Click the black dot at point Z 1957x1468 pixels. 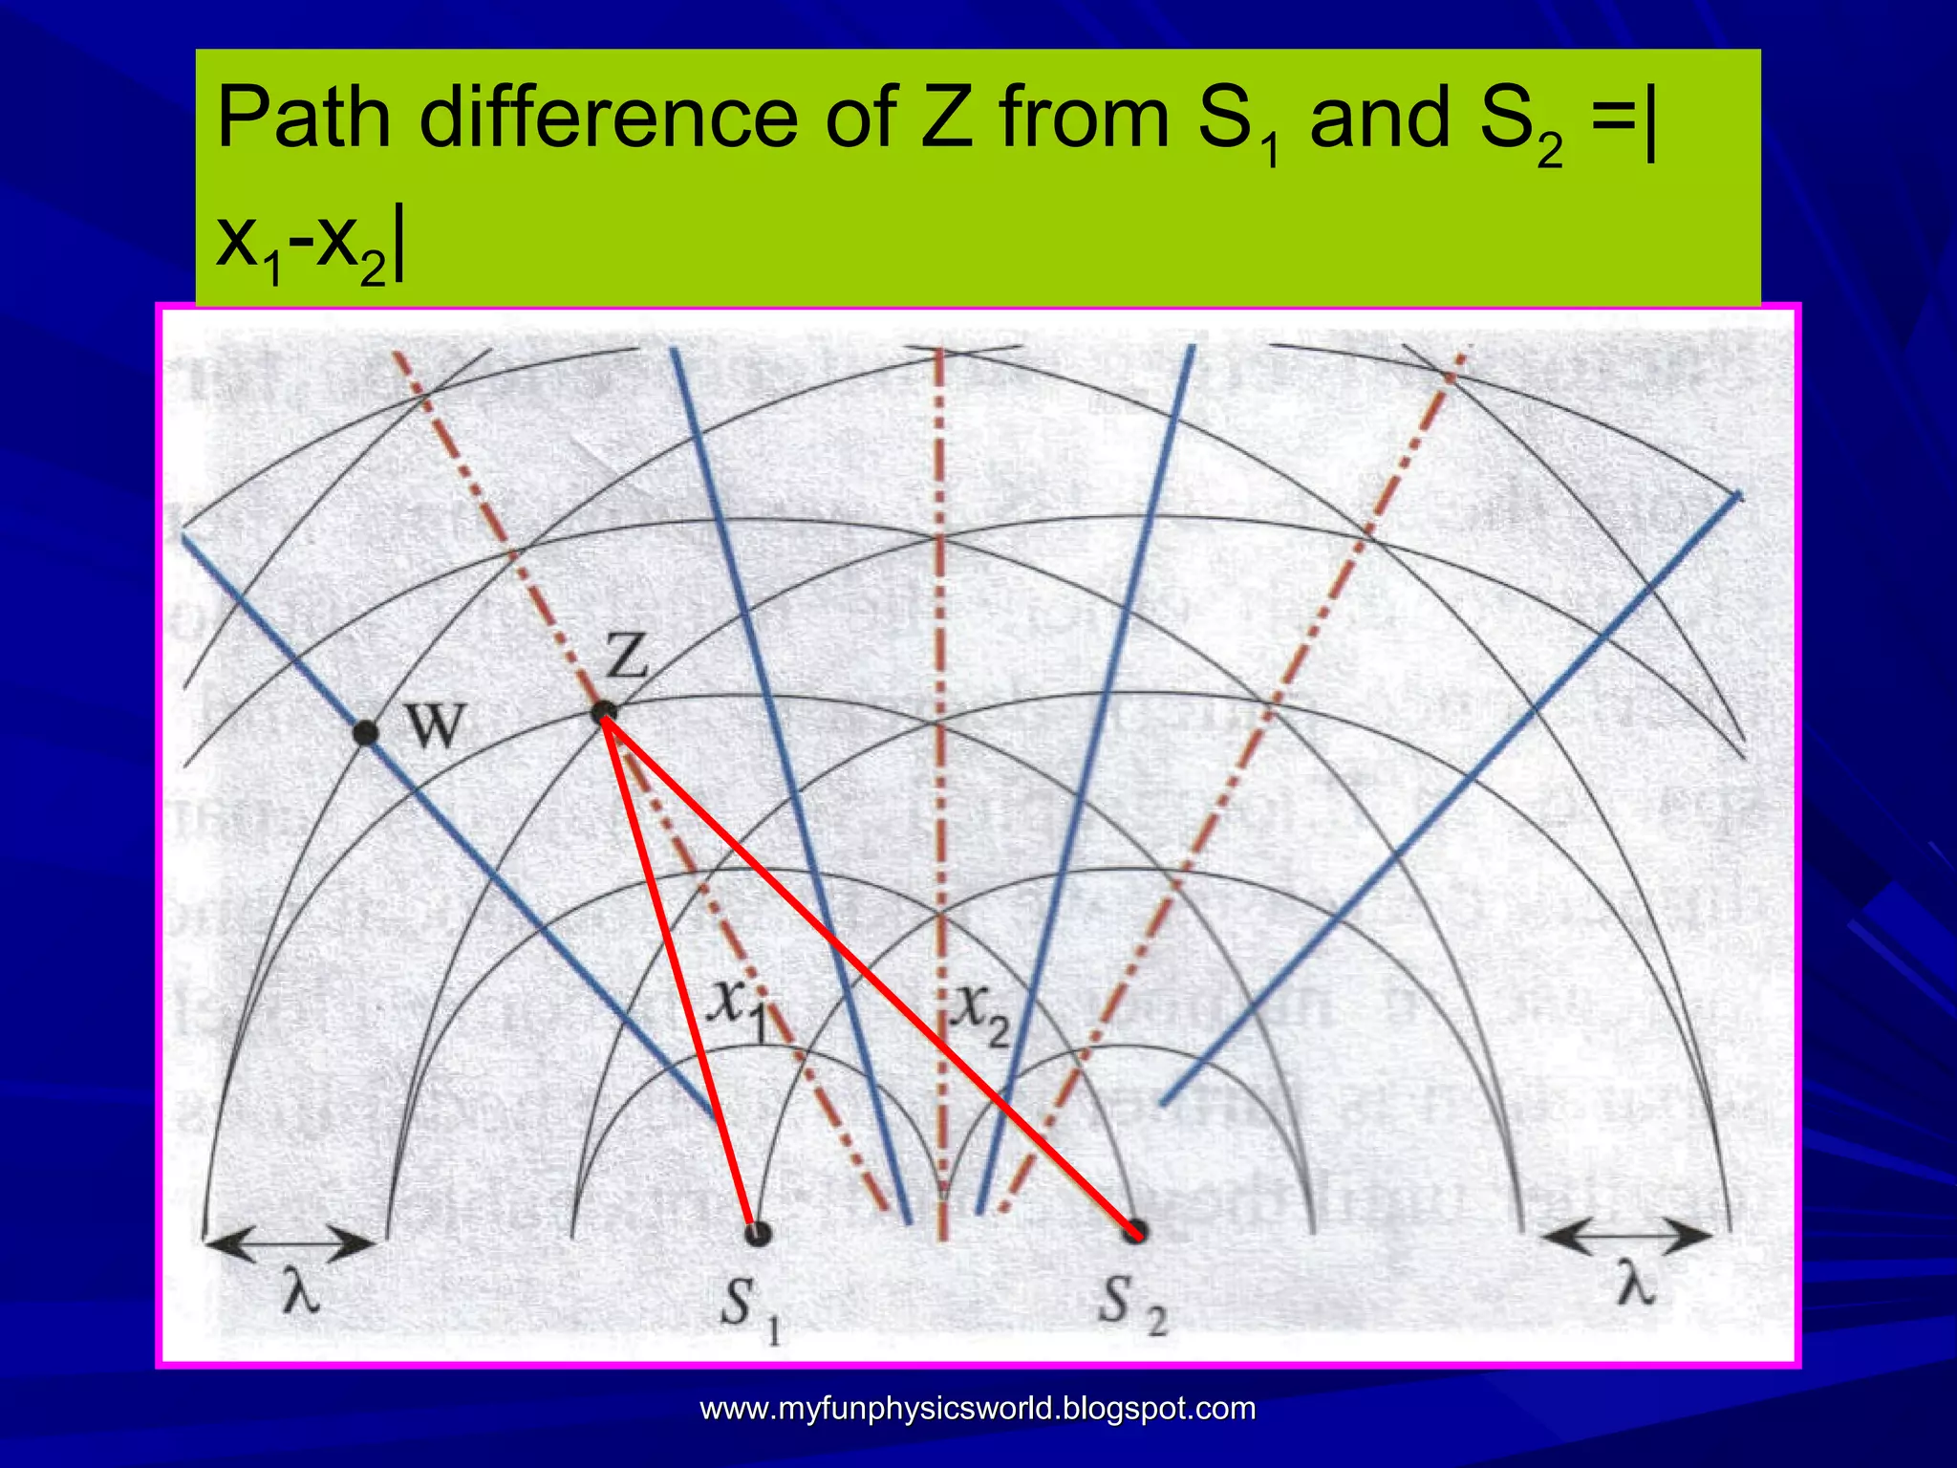pos(603,712)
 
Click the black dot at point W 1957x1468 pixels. pos(364,733)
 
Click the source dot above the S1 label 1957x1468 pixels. pos(757,1233)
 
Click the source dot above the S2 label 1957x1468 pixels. pos(1134,1231)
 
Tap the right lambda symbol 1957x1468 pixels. pos(1635,1285)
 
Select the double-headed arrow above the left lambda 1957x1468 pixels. pos(289,1243)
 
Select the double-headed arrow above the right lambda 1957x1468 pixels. pos(1625,1236)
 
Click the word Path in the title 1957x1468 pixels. pos(304,119)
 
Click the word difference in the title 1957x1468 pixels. pos(608,119)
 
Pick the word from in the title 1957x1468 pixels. pos(1084,119)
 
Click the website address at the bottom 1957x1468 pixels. pos(978,1409)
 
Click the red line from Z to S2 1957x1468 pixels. pos(870,973)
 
